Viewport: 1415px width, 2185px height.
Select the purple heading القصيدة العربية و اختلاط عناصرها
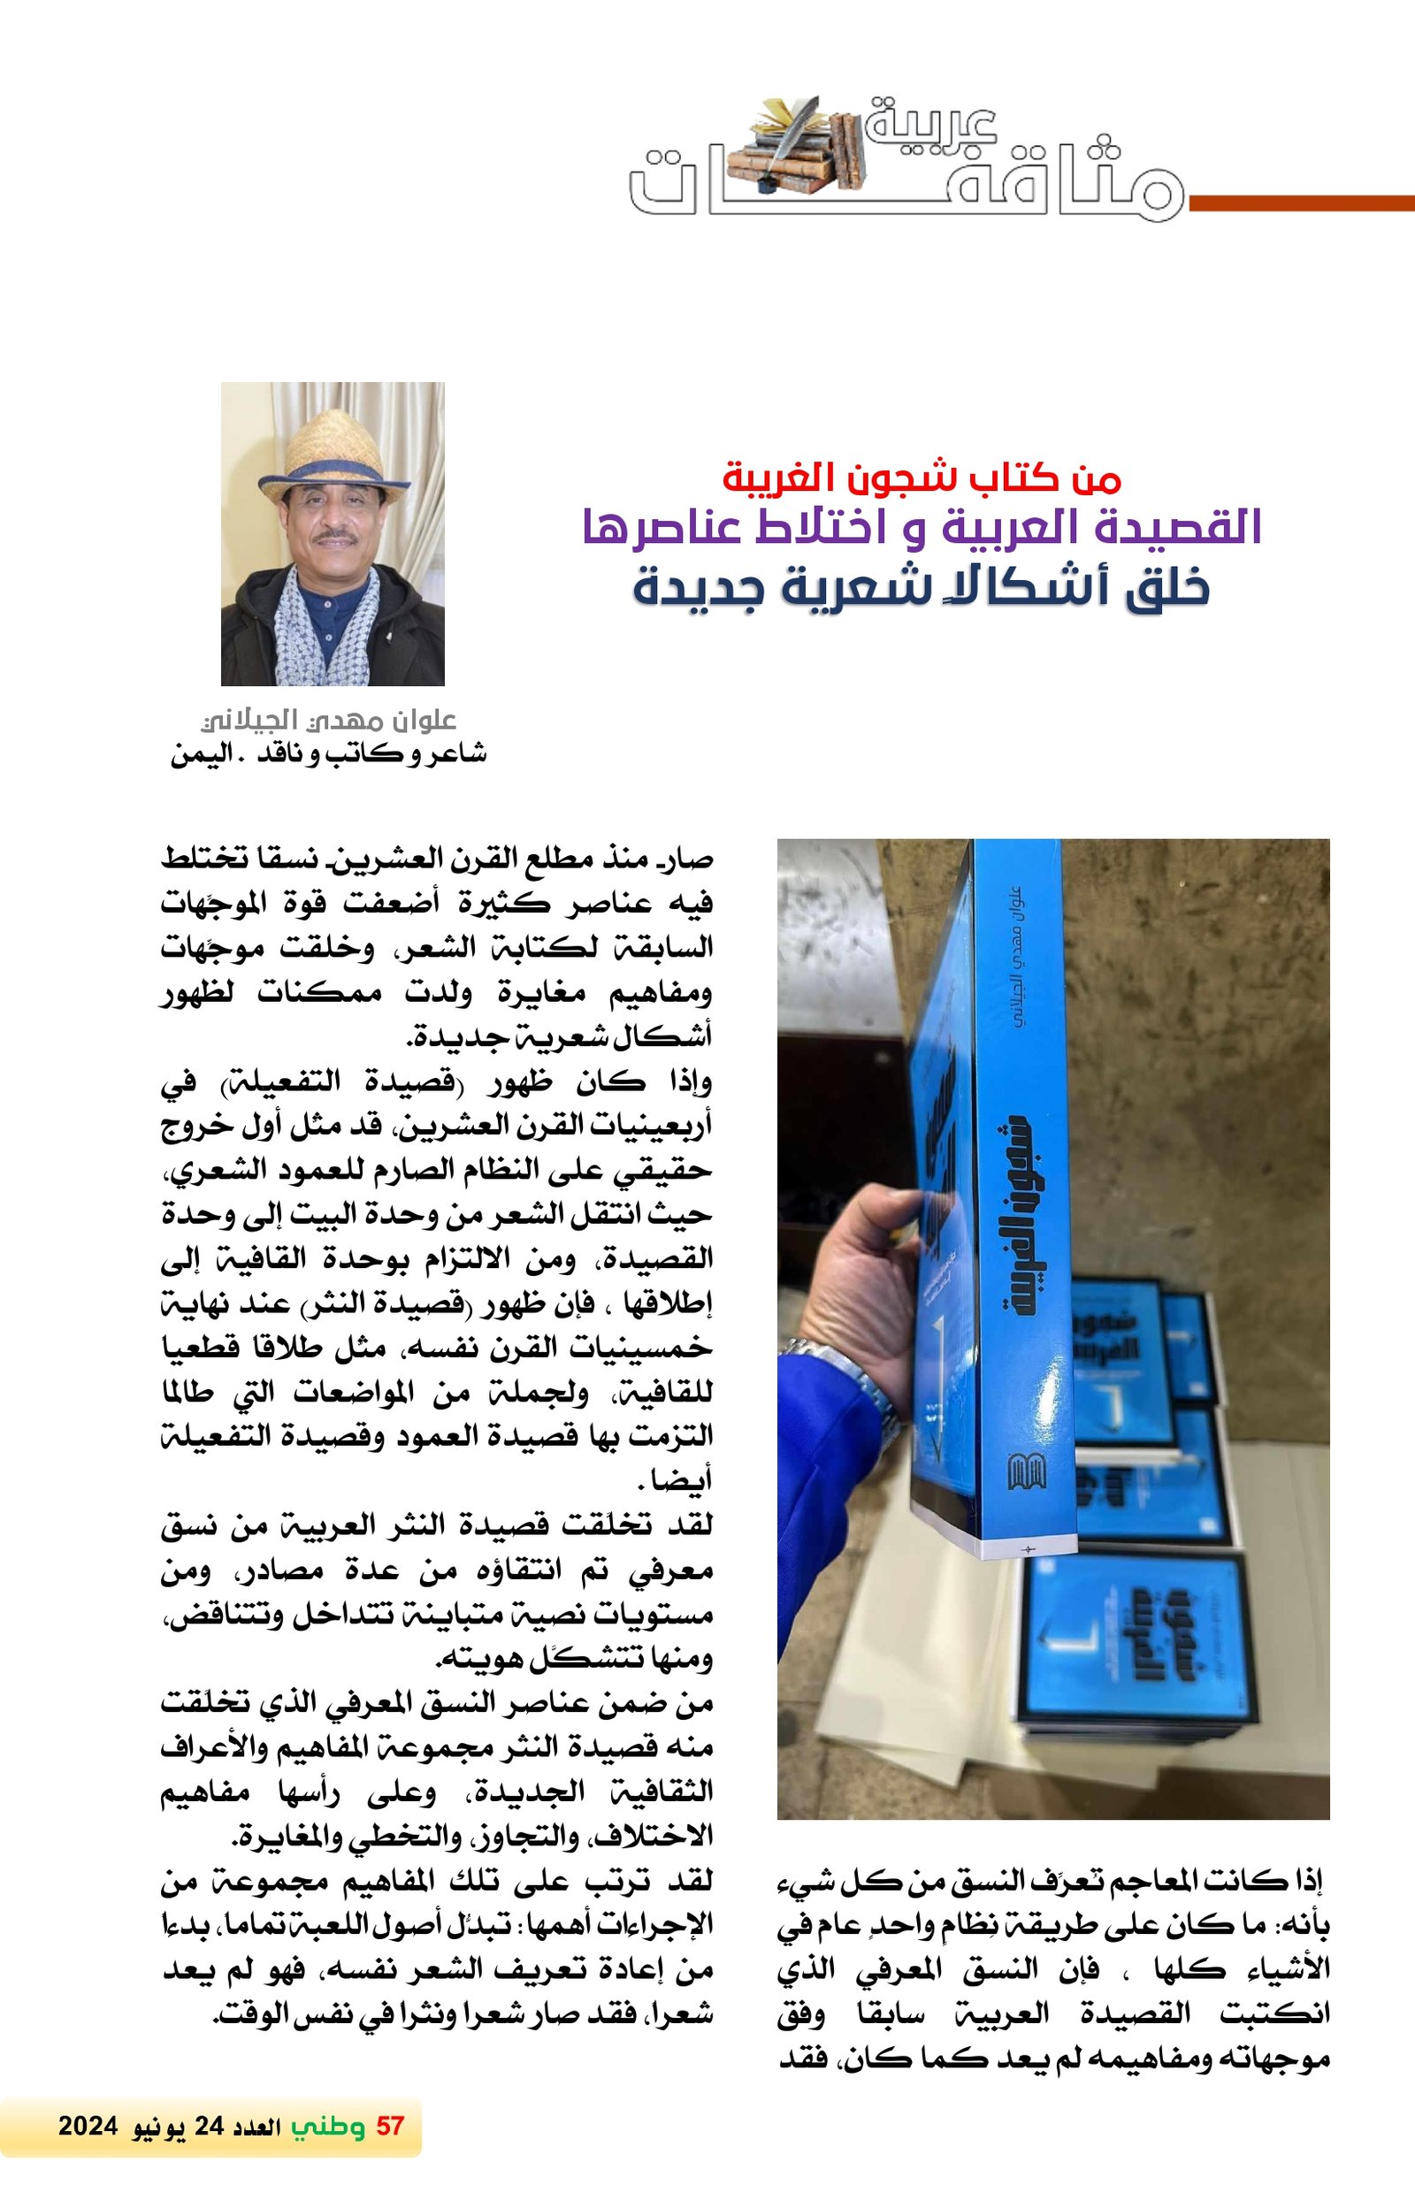922,529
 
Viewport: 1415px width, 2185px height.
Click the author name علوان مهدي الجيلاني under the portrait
329,720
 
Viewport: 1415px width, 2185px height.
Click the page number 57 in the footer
389,2127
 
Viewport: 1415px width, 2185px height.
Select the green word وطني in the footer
328,2127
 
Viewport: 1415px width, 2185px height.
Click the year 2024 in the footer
88,2127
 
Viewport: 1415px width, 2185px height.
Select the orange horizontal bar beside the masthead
1300,202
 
